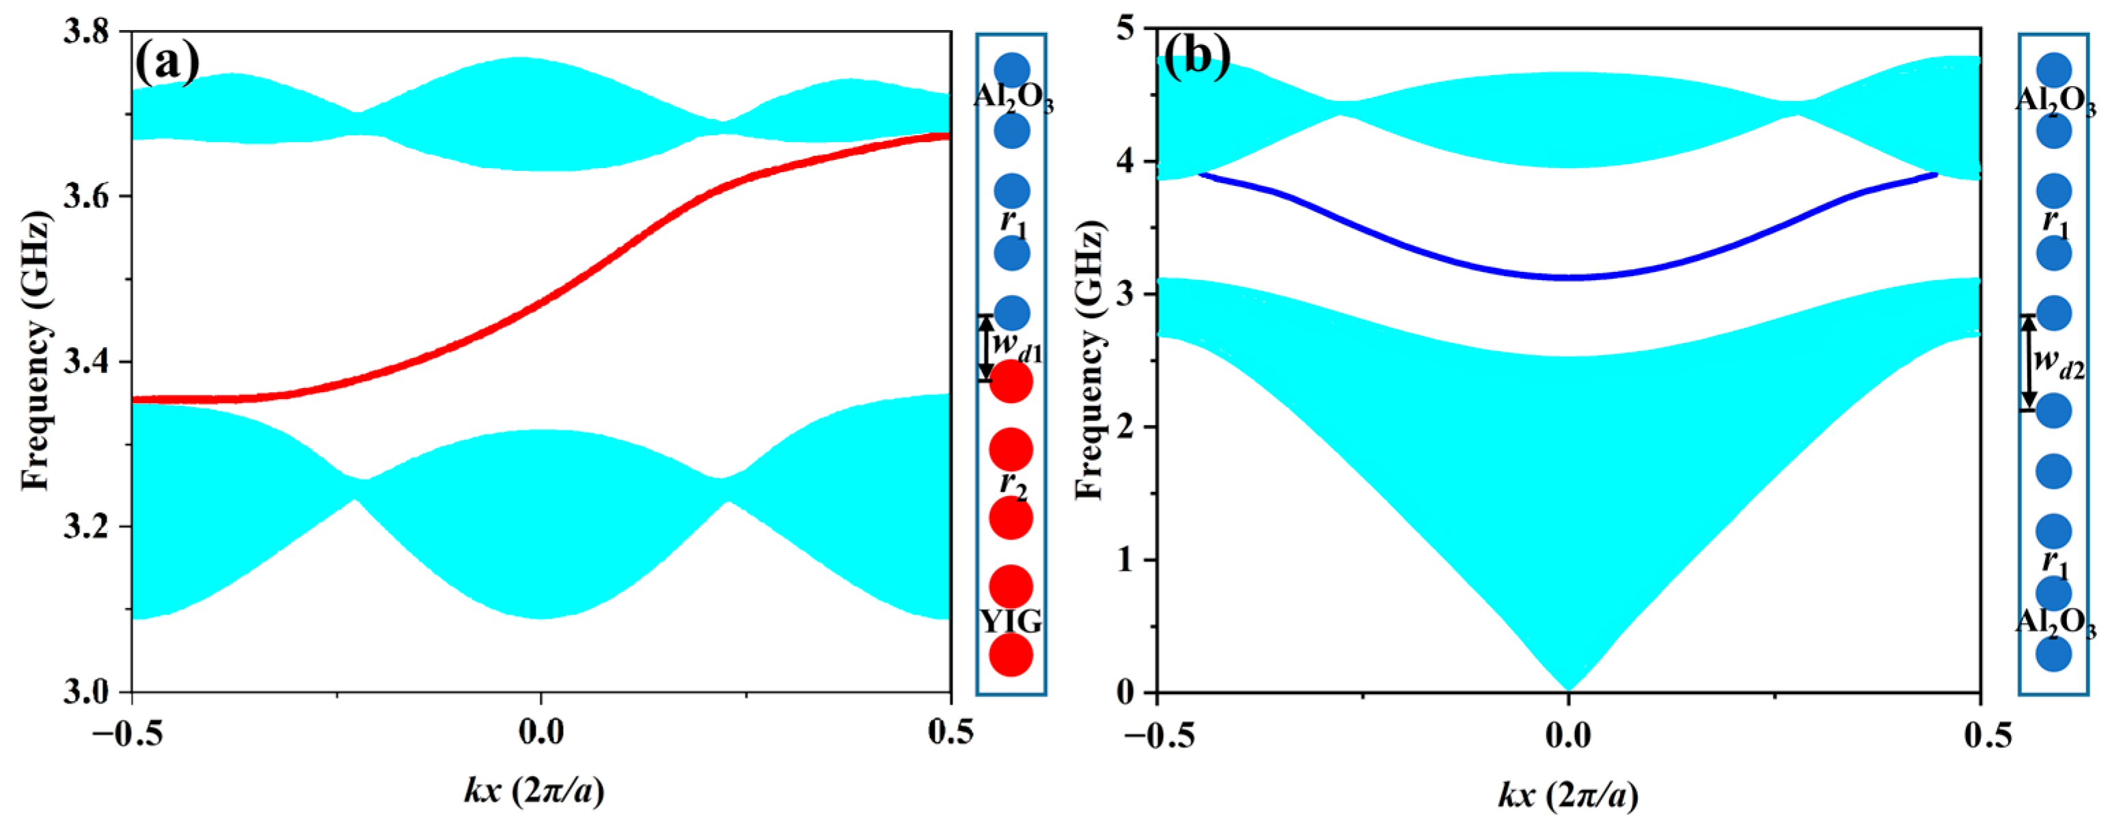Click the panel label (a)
167,62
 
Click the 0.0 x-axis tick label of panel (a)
541,731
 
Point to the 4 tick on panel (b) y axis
1125,162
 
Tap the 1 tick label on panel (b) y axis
1125,559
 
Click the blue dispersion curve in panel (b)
1567,277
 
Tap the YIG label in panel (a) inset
1011,620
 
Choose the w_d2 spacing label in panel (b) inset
2059,363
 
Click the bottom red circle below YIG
1011,655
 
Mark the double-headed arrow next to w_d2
2029,363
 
